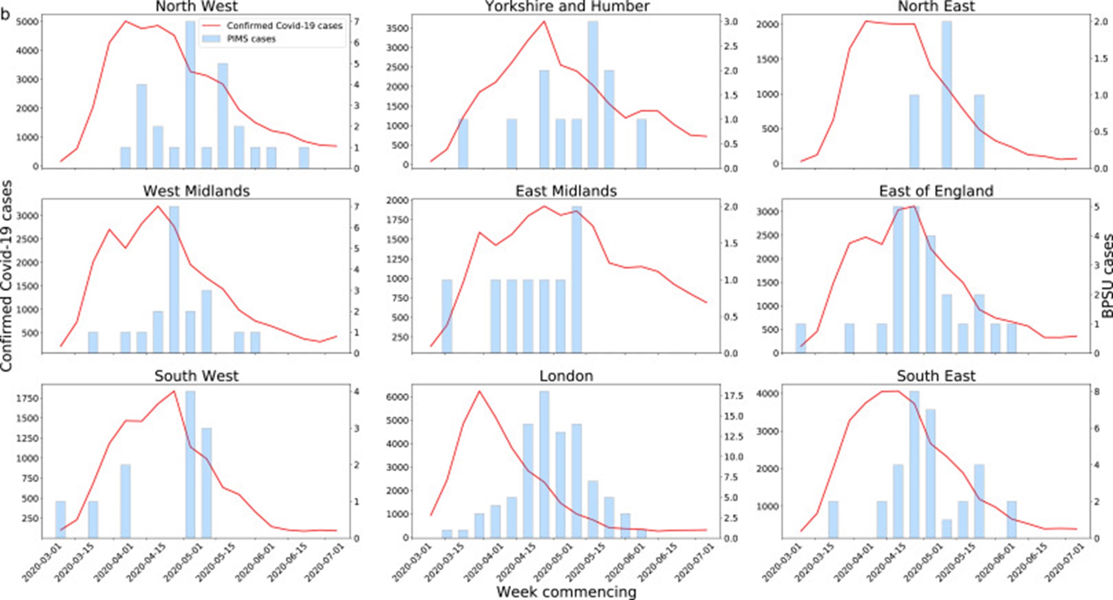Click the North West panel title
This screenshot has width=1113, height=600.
pyautogui.click(x=196, y=6)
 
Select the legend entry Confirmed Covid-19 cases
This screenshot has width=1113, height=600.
pyautogui.click(x=284, y=26)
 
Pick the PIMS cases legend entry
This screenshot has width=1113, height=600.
pyautogui.click(x=251, y=39)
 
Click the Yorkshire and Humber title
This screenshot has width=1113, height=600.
pyautogui.click(x=567, y=6)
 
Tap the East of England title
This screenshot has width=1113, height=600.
pyautogui.click(x=936, y=191)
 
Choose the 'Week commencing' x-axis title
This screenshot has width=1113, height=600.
pyautogui.click(x=566, y=592)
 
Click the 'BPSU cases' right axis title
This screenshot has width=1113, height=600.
pyautogui.click(x=1107, y=277)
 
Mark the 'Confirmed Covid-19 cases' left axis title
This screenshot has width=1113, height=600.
pyautogui.click(x=6, y=277)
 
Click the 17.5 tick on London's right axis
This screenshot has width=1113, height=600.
pyautogui.click(x=732, y=396)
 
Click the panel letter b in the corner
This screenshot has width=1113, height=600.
pyautogui.click(x=6, y=14)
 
